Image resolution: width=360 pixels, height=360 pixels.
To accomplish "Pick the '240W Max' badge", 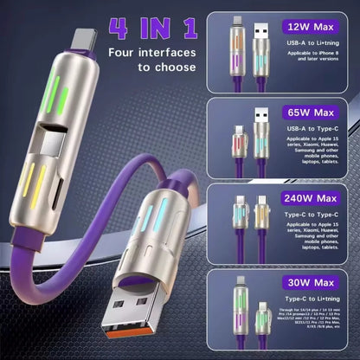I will pyautogui.click(x=312, y=197).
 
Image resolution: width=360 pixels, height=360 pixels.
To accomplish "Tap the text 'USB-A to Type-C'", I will pyautogui.click(x=309, y=128).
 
